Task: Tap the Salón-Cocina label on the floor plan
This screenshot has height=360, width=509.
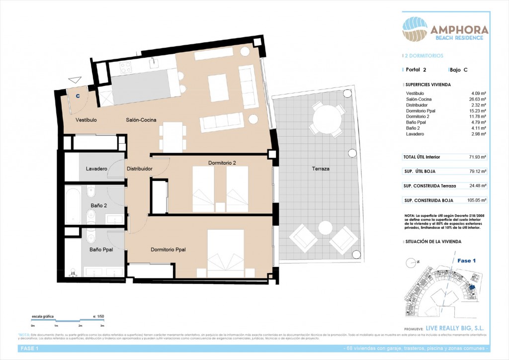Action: pyautogui.click(x=142, y=120)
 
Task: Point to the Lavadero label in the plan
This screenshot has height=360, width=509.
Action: pyautogui.click(x=96, y=169)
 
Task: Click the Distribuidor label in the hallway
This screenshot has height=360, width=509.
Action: pyautogui.click(x=139, y=169)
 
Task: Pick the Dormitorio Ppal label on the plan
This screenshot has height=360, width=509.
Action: pyautogui.click(x=168, y=250)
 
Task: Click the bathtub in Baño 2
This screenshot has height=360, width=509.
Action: pyautogui.click(x=73, y=205)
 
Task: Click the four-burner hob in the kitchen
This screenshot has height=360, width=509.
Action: pyautogui.click(x=125, y=68)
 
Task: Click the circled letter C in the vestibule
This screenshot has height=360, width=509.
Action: pyautogui.click(x=78, y=96)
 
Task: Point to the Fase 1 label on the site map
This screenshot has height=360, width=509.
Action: pyautogui.click(x=467, y=261)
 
